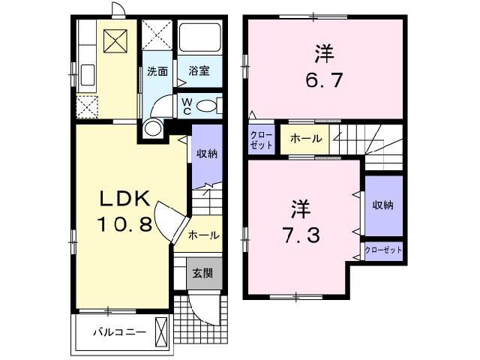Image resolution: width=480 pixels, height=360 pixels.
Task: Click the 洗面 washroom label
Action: point(157,72)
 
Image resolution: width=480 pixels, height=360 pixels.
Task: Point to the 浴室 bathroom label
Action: point(199,72)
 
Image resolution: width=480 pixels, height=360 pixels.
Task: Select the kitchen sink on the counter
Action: point(87,76)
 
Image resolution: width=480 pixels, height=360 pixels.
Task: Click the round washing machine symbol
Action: point(154,128)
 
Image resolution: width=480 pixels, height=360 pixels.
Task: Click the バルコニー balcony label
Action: point(114,331)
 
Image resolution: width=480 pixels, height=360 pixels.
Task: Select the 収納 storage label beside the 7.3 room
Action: point(383,205)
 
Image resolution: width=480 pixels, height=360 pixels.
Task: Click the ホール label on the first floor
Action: point(204,235)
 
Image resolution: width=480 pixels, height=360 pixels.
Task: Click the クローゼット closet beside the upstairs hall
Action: point(262,140)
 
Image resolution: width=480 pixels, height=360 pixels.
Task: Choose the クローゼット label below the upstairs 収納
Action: point(383,250)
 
